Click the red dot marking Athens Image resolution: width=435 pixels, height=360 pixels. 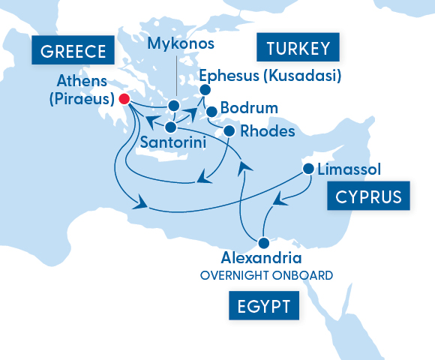point(125,98)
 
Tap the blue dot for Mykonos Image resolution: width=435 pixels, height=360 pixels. point(174,106)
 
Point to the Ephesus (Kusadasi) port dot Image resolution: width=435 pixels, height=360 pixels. point(203,91)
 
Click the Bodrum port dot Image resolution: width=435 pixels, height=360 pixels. point(212,112)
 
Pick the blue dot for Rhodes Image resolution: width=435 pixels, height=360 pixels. point(229,131)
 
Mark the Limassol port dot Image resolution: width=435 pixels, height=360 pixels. point(307,169)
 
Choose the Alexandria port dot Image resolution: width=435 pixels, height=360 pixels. point(263,243)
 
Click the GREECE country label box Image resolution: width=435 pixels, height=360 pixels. point(73,52)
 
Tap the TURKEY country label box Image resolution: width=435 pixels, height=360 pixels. point(298,49)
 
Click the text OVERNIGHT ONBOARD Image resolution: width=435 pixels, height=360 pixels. point(266,276)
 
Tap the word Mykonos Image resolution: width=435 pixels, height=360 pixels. point(181,43)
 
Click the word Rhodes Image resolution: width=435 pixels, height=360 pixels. point(266,131)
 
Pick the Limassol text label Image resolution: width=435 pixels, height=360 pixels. point(349,169)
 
